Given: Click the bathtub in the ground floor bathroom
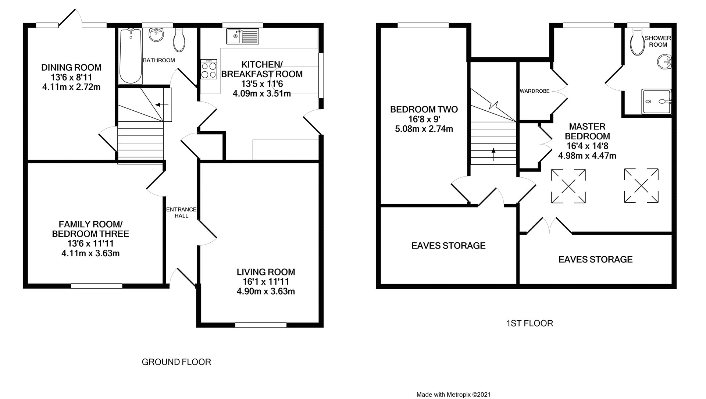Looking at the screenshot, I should click(130, 56).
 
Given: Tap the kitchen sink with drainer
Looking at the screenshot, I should click(243, 36).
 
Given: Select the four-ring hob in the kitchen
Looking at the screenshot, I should click(209, 70).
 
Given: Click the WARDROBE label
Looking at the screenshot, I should click(534, 91).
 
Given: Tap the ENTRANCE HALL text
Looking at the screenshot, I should click(181, 213).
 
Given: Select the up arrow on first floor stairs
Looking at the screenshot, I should click(493, 151).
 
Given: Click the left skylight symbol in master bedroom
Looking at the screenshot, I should click(568, 186).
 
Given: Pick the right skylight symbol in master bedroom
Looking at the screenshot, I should click(641, 186).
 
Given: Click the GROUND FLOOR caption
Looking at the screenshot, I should click(176, 362).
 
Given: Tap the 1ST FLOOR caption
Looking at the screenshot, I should click(529, 323).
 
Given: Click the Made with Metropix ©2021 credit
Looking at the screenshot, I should click(453, 394).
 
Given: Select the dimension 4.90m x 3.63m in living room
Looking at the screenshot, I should click(266, 292).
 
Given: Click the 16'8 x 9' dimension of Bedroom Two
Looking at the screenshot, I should click(424, 119).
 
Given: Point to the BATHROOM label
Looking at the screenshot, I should click(159, 60).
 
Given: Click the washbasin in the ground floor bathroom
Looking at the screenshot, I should click(156, 35).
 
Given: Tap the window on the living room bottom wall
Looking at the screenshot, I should click(261, 325).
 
